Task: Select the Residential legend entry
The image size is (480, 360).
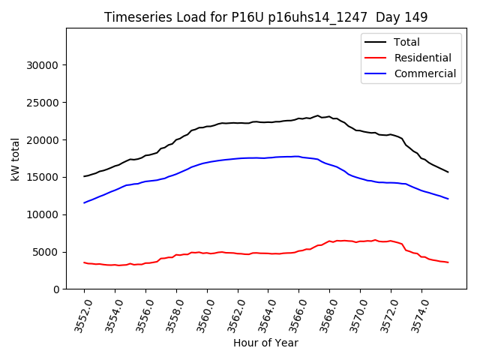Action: click(x=422, y=58)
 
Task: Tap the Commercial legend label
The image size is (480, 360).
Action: click(x=424, y=73)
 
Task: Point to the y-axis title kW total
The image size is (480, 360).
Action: click(x=16, y=158)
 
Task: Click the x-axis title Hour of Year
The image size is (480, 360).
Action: click(x=265, y=343)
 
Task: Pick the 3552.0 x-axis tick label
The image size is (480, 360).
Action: click(x=79, y=315)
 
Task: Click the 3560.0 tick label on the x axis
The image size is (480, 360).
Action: click(x=202, y=315)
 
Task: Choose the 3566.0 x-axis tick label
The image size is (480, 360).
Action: click(x=293, y=315)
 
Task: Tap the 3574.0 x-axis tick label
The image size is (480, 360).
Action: click(x=416, y=315)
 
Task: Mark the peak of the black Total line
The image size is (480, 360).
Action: click(x=317, y=115)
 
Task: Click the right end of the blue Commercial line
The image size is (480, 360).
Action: click(x=448, y=199)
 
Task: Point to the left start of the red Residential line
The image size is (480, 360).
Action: click(x=84, y=262)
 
